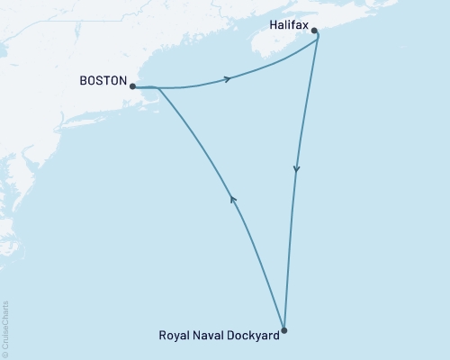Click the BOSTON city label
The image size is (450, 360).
point(103,80)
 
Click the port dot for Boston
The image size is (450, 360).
point(132,87)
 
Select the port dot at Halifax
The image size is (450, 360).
point(314,31)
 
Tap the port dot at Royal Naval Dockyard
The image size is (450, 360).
point(283,330)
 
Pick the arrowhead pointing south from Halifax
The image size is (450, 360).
point(296,169)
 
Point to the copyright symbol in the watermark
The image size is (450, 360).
point(5,354)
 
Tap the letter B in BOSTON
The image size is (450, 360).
point(84,80)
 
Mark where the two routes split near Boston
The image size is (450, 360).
point(158,88)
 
